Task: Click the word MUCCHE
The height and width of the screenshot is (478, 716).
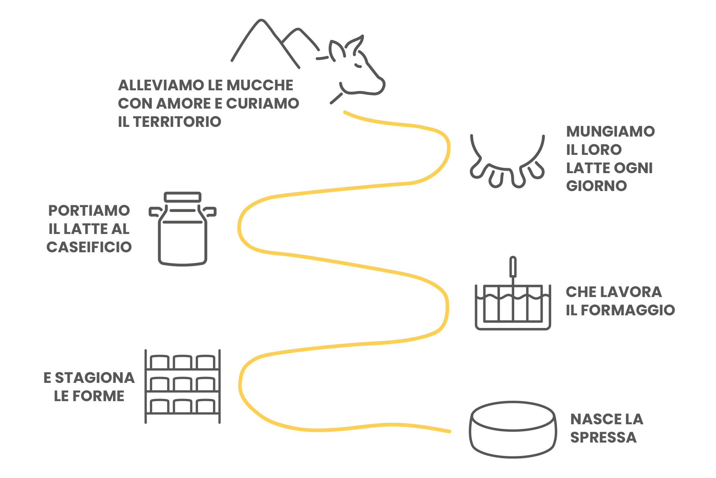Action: click(x=260, y=85)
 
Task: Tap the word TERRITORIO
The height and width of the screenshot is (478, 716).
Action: click(x=177, y=122)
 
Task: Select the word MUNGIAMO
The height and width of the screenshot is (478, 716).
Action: click(x=610, y=131)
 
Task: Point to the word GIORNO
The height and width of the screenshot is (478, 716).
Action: click(x=596, y=186)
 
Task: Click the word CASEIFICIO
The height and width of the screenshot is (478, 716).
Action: click(x=89, y=247)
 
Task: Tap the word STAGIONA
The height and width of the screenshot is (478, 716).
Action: click(x=95, y=378)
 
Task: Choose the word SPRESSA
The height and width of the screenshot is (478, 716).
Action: click(x=603, y=437)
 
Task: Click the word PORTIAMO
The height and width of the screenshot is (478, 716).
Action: click(x=89, y=211)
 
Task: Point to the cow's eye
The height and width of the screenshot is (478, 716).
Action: click(x=358, y=65)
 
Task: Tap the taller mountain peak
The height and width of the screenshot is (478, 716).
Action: click(x=261, y=22)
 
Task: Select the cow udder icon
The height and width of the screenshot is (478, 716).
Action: click(x=507, y=164)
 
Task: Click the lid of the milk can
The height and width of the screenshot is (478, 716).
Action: click(x=183, y=197)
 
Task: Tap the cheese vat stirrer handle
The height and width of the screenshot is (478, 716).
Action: click(x=513, y=267)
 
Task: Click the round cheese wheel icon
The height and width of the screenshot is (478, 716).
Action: click(x=513, y=429)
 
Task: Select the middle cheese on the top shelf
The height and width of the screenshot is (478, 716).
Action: click(x=182, y=362)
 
